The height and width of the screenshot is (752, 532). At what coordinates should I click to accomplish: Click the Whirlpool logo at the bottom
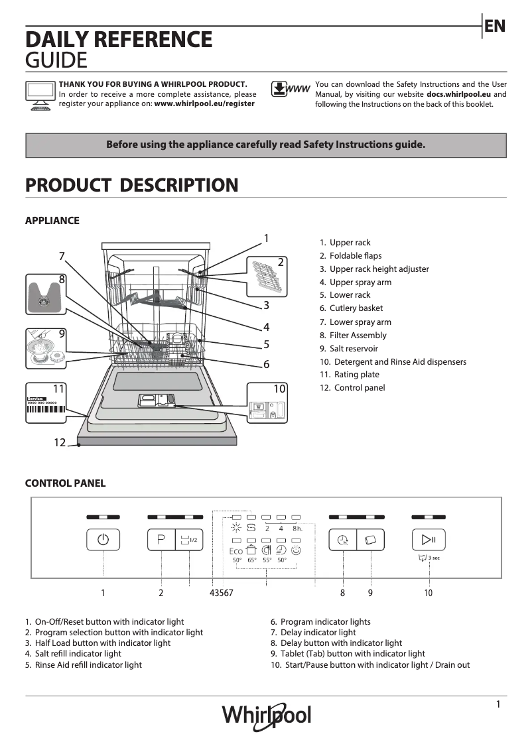pos(266,716)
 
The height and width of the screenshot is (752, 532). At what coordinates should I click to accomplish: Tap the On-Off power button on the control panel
pos(103,540)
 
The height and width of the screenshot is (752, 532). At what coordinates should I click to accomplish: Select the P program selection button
pos(161,540)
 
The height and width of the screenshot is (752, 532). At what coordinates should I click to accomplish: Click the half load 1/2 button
pos(189,540)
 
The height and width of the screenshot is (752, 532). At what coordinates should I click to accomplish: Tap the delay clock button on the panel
pos(342,540)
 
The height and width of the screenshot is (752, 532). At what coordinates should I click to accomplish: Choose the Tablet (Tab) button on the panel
pos(371,540)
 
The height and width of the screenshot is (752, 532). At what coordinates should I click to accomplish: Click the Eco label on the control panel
pos(236,550)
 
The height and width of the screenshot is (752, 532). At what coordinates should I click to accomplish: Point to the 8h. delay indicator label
pos(297,529)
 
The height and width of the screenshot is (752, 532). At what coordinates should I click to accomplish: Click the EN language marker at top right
pos(495,26)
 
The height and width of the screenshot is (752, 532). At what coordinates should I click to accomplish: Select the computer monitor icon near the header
pos(40,95)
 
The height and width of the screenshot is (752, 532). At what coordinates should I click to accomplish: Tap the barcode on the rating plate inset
pos(46,409)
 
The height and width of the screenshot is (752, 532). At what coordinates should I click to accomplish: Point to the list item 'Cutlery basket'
pos(356,308)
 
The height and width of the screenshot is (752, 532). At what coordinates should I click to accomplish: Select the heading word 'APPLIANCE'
pos(52,221)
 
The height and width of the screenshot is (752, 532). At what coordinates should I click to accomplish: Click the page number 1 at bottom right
pos(498,704)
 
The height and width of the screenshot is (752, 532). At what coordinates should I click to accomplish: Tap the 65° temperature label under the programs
pos(252,560)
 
